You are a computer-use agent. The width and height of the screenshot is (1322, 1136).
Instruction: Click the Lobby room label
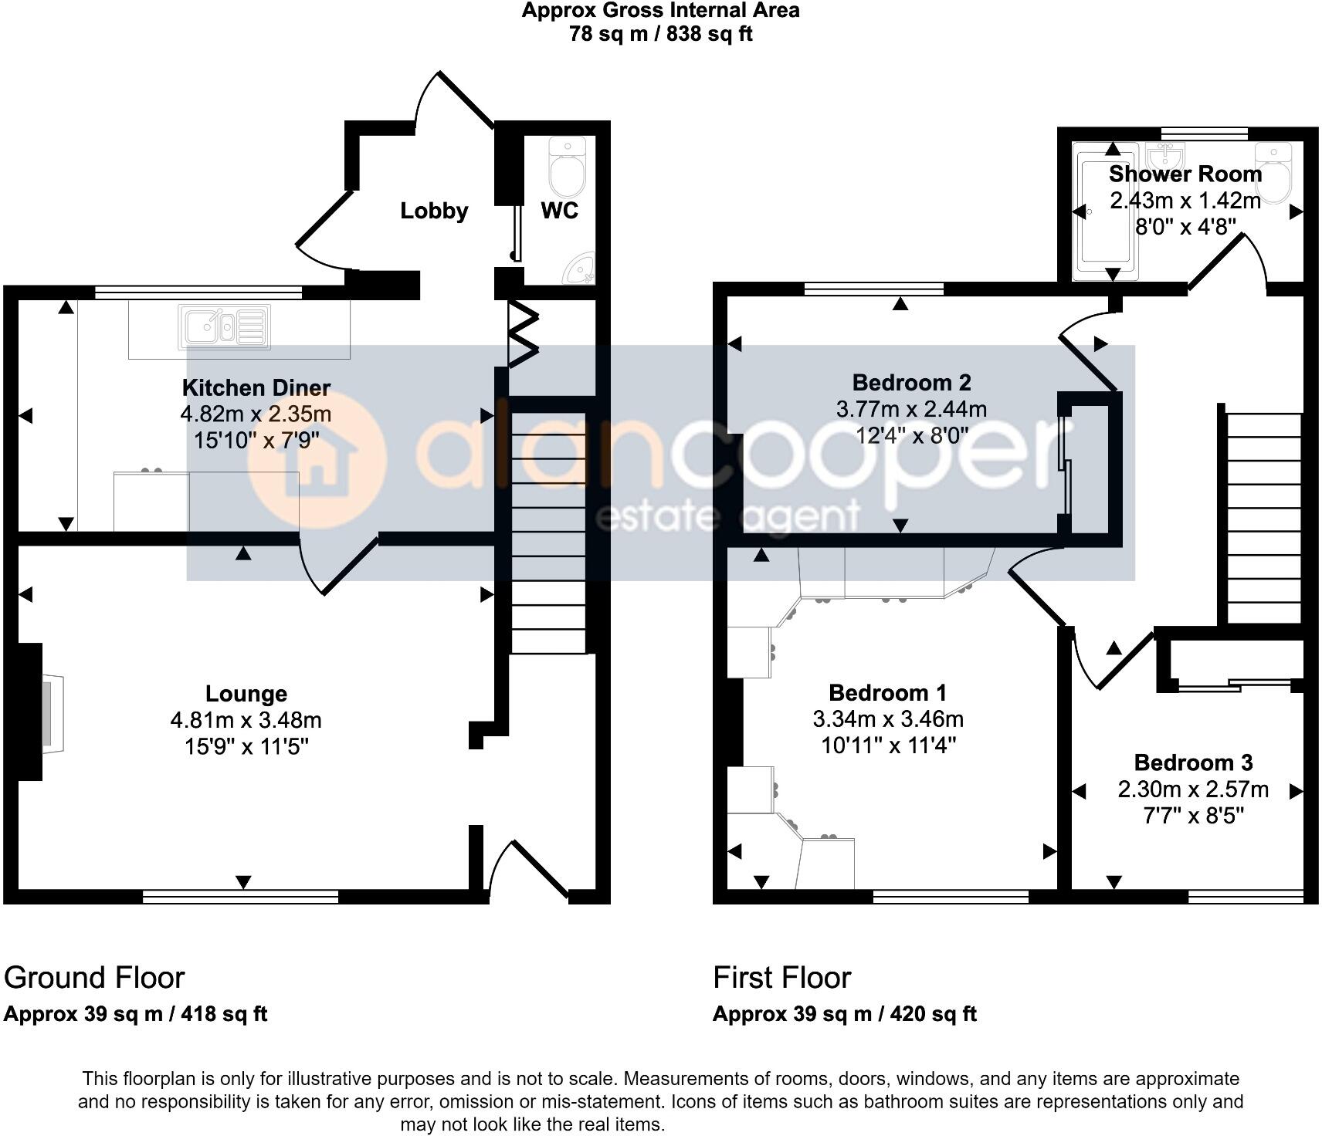pyautogui.click(x=434, y=211)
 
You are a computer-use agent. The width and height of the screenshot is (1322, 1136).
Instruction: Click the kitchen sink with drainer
pyautogui.click(x=225, y=326)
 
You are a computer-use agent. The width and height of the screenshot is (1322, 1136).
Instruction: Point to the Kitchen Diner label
pyautogui.click(x=256, y=387)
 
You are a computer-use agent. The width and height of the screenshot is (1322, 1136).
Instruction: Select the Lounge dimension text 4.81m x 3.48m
pyautogui.click(x=246, y=720)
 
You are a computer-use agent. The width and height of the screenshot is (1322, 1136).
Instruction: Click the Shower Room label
pyautogui.click(x=1185, y=174)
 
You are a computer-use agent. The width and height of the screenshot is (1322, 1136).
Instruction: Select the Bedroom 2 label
pyautogui.click(x=911, y=382)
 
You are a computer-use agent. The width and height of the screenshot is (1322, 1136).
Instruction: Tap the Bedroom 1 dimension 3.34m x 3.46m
pyautogui.click(x=888, y=719)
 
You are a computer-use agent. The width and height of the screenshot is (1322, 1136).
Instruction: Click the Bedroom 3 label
pyautogui.click(x=1193, y=762)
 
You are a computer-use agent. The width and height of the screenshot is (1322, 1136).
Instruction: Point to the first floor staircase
pyautogui.click(x=1259, y=517)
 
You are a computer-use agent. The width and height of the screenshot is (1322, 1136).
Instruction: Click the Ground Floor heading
pyautogui.click(x=94, y=978)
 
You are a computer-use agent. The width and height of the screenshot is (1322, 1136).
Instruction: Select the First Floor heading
pyautogui.click(x=781, y=978)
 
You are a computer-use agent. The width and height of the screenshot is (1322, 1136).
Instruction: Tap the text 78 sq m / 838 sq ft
pyautogui.click(x=660, y=34)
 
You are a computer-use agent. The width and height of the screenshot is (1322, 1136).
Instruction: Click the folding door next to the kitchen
pyautogui.click(x=522, y=333)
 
